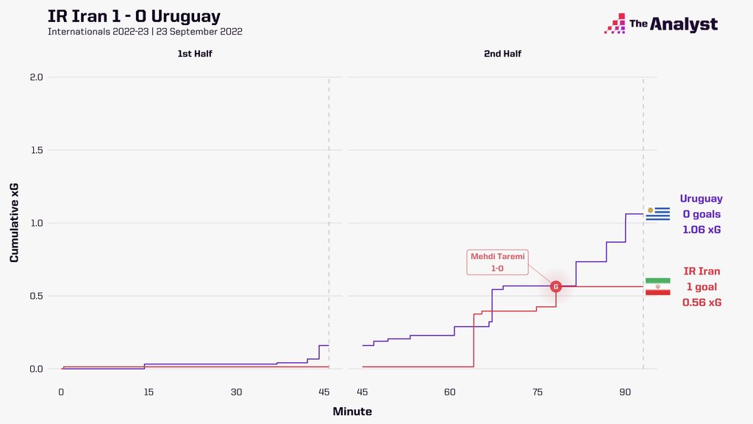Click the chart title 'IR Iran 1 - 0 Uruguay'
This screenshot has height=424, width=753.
coord(134,15)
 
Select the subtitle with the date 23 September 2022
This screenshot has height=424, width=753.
coord(145,32)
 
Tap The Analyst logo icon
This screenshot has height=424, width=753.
coord(615,24)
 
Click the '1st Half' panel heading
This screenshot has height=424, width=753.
coord(195,54)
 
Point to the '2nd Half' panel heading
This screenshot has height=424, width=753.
coord(503,54)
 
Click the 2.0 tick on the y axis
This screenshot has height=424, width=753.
coord(37,77)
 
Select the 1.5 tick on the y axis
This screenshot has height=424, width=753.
coord(37,150)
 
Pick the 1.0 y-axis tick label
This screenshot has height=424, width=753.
coord(37,223)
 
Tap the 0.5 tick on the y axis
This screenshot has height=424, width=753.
coord(37,296)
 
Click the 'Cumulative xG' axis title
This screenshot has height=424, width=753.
coord(15,223)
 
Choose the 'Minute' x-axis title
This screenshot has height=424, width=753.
coord(352,411)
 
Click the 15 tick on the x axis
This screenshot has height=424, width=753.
coord(149,392)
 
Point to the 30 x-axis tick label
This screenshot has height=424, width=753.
coord(236,392)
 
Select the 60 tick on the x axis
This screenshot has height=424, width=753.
coord(450,392)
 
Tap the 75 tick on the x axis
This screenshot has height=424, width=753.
coord(538,392)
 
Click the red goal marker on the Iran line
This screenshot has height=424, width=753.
coord(556,286)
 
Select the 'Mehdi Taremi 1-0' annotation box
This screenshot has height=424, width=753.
coord(498,262)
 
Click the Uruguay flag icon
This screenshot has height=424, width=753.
coord(657,214)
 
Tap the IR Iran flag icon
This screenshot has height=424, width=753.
coord(657,287)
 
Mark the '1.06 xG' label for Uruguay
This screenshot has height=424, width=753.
coord(702,230)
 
